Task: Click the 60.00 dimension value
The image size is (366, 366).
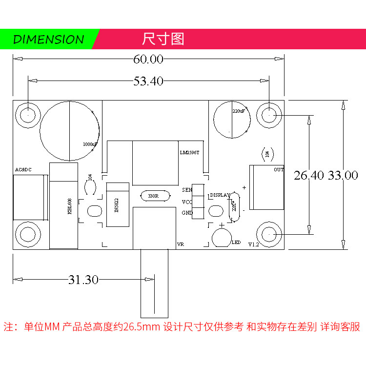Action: click(x=148, y=60)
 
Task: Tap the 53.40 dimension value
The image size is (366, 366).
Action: click(x=148, y=81)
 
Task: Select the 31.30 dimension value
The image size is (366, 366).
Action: click(x=83, y=280)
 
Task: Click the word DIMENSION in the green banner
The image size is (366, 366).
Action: click(x=48, y=40)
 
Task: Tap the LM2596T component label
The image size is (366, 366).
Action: click(x=189, y=153)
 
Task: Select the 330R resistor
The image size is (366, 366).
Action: click(x=153, y=196)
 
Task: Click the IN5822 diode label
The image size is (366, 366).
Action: click(x=116, y=205)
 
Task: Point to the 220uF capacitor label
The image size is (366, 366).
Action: click(x=239, y=111)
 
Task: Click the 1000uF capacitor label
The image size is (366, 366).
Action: click(x=90, y=144)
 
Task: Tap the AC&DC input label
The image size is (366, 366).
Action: click(x=23, y=170)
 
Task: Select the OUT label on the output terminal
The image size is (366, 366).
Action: click(x=279, y=170)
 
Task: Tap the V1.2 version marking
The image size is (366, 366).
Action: click(x=253, y=244)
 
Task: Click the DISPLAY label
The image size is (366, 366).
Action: click(x=220, y=195)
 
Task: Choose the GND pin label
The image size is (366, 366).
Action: click(x=187, y=213)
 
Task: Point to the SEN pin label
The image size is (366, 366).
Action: click(x=187, y=190)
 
